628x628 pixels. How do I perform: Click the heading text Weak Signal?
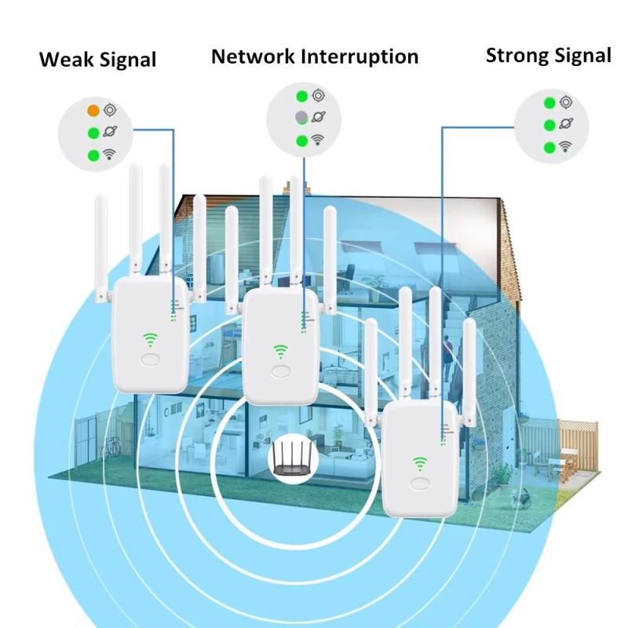(98, 60)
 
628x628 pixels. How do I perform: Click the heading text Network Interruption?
(315, 57)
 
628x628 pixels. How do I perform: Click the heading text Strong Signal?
(548, 55)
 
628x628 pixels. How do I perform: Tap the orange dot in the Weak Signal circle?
(93, 110)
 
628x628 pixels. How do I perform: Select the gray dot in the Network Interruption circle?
(301, 118)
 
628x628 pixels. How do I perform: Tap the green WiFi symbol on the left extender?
(150, 340)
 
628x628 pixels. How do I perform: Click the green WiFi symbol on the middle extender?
(280, 352)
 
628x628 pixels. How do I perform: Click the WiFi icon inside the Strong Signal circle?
(565, 146)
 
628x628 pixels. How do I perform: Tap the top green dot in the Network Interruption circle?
(301, 97)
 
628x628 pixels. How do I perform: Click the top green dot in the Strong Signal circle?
(549, 103)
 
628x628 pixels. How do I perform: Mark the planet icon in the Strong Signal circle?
(565, 124)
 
